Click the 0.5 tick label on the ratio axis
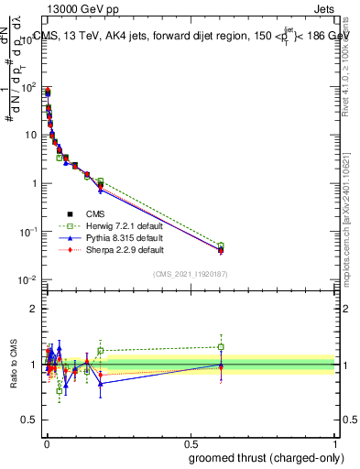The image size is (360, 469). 31,420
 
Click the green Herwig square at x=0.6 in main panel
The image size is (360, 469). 221,245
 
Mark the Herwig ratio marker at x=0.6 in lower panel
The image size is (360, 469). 221,346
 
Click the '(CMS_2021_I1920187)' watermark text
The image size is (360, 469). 190,274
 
